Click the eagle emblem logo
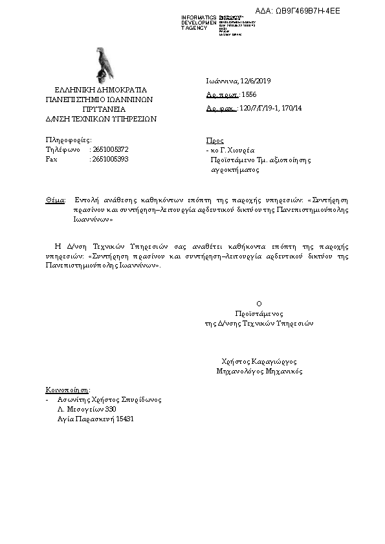click(104, 63)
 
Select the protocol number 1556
click(249, 94)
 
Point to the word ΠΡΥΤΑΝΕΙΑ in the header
click(100, 109)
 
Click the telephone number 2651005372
click(111, 149)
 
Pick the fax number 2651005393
click(111, 159)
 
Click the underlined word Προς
click(214, 140)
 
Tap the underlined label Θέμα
click(55, 200)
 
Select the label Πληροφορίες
click(69, 140)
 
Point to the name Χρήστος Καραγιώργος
click(258, 362)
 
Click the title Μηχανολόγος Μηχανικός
click(259, 371)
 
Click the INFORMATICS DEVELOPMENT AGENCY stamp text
click(198, 23)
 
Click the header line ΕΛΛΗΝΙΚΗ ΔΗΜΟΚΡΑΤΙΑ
click(100, 90)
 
